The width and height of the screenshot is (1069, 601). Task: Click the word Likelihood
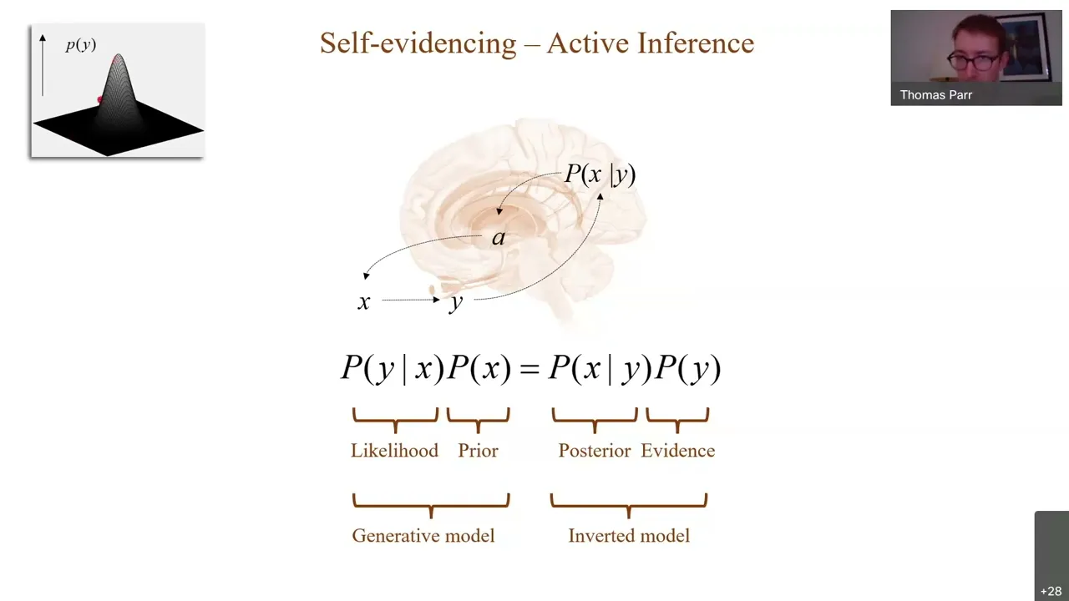[x=394, y=451]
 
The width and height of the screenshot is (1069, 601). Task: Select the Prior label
[x=478, y=451]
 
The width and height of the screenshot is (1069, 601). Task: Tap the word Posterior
[x=594, y=451]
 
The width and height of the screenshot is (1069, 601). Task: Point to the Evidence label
[x=677, y=451]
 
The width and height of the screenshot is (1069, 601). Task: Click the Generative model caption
[x=423, y=536]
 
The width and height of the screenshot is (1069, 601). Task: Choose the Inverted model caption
[x=629, y=536]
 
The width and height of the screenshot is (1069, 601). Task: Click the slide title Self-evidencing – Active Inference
[x=536, y=43]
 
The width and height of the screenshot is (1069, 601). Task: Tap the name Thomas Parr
[x=935, y=95]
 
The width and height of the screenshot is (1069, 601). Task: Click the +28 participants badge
[x=1051, y=591]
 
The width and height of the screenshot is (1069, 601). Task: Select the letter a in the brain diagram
[x=499, y=238]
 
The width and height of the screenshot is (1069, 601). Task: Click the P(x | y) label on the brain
[x=600, y=174]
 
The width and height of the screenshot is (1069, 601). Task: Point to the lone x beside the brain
[x=363, y=301]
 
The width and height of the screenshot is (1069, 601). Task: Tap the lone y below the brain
[x=455, y=301]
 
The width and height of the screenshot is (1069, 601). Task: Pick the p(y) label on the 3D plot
[x=81, y=45]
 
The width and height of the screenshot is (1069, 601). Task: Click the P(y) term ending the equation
[x=687, y=369]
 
